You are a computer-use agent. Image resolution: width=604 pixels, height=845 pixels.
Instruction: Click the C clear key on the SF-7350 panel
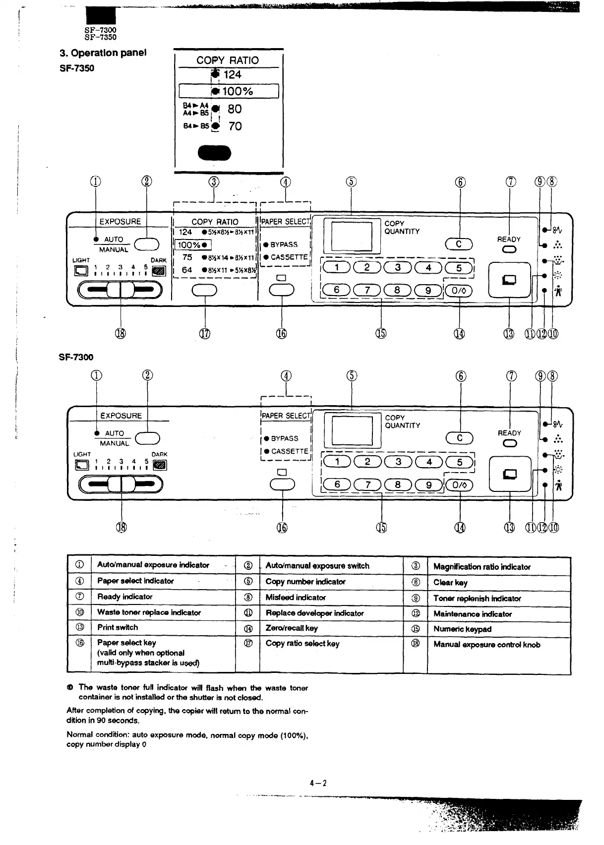459,244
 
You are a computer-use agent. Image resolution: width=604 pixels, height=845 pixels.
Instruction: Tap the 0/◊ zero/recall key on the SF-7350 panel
459,291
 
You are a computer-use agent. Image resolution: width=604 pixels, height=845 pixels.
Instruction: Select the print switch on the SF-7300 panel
510,474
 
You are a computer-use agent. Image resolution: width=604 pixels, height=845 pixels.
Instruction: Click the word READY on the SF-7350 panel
509,239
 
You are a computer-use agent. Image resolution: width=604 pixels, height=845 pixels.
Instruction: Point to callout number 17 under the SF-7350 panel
204,334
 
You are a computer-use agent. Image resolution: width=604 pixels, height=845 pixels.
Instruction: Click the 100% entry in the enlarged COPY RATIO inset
237,91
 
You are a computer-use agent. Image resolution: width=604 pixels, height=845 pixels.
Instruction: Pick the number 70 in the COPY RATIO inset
235,126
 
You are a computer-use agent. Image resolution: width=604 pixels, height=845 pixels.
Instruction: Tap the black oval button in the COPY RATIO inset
214,153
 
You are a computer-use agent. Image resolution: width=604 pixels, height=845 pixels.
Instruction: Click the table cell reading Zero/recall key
292,628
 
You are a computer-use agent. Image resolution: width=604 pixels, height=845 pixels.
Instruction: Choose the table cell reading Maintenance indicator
472,614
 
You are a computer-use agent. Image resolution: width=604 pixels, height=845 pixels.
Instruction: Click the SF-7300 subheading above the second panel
76,357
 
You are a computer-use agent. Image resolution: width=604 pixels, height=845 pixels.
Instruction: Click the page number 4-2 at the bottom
318,784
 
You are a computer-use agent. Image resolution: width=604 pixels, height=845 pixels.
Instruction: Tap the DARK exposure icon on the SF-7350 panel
159,271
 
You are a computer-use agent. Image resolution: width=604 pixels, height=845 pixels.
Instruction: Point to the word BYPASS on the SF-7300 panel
284,439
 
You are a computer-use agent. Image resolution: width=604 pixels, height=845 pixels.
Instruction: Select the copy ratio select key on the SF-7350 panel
204,291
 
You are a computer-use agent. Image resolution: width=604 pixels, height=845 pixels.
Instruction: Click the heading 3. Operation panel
103,53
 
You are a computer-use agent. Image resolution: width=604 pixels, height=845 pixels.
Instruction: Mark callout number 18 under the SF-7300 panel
121,528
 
